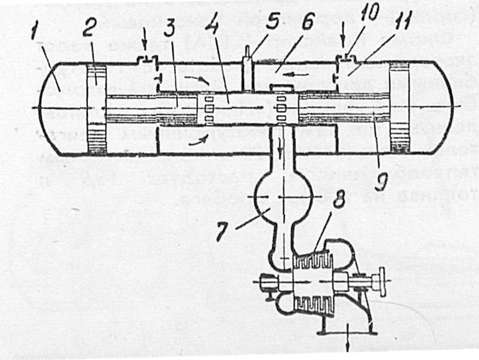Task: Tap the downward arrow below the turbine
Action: (x=349, y=340)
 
